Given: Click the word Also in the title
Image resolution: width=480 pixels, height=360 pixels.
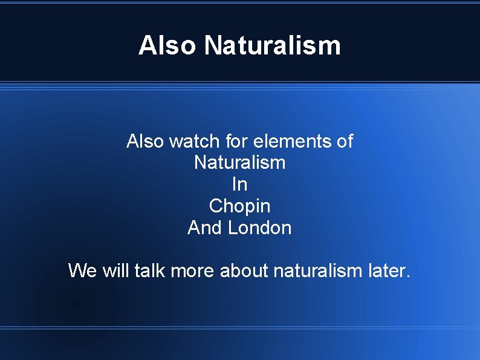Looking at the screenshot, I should [167, 46].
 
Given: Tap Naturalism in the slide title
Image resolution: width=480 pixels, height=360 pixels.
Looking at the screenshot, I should [273, 46].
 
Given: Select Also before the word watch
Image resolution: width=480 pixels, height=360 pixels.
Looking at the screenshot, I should [145, 142].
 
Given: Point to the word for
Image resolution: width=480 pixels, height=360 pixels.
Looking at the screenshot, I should [238, 142].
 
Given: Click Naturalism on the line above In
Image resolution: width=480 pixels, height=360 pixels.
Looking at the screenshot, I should [239, 163].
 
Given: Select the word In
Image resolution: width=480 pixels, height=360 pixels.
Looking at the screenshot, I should [239, 185].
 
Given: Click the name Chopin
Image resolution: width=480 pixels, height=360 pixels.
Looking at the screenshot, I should [239, 206].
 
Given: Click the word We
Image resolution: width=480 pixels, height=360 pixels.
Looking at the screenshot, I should [82, 270].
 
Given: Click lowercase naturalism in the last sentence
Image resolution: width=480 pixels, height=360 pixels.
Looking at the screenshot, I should [317, 270].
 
